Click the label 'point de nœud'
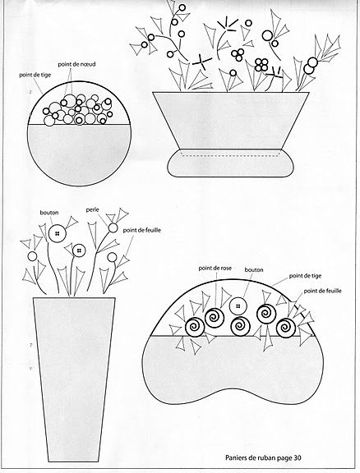[76, 64]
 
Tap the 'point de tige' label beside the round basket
[35, 75]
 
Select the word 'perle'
[92, 210]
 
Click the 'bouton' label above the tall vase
[49, 213]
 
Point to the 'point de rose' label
[215, 268]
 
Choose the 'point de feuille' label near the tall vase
[142, 231]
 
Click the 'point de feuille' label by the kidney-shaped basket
[322, 291]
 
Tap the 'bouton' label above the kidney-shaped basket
[254, 269]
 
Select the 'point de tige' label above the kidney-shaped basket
[305, 276]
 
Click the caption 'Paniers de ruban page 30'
[263, 457]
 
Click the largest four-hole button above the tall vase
[57, 233]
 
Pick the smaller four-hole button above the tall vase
[79, 250]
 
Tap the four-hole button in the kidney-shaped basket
[238, 306]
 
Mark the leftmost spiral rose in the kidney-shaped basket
[194, 327]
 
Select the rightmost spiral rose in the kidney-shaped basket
[286, 328]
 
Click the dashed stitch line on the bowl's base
[229, 156]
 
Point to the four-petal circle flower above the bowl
[261, 65]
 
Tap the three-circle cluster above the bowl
[238, 54]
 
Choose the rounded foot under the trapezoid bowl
[230, 163]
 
